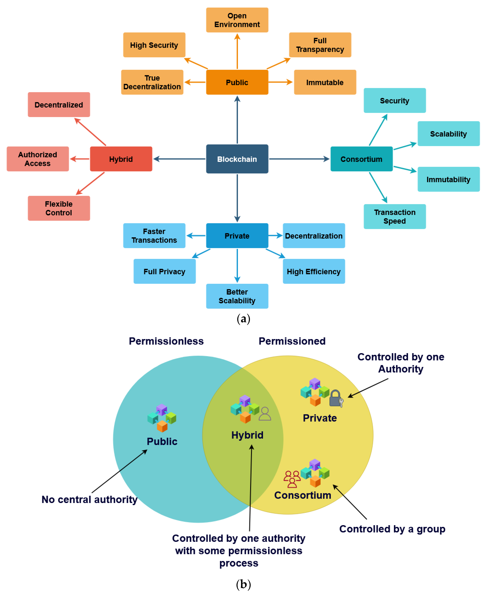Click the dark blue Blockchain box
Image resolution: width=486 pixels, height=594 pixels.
coord(237,159)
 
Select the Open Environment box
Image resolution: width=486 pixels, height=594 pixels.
coord(237,20)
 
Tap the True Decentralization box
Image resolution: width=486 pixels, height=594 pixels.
coord(152,82)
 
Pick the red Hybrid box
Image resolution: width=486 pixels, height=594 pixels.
coord(121,159)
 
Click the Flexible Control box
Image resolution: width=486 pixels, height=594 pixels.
coord(59,208)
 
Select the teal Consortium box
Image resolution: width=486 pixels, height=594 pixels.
coord(361,159)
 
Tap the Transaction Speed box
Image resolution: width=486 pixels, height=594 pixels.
coord(395,217)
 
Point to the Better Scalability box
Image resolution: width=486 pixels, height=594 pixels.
coord(237,296)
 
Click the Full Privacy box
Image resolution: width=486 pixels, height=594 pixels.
coord(165,271)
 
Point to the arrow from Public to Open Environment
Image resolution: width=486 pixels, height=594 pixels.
coord(237,51)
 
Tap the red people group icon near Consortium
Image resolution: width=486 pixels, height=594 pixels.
coord(292,479)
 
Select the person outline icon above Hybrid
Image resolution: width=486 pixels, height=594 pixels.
coord(265,414)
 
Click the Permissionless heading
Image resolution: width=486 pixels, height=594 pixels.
coord(166,341)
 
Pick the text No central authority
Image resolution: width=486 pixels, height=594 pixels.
coord(90,499)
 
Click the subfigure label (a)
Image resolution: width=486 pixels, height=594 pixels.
coord(243,319)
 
